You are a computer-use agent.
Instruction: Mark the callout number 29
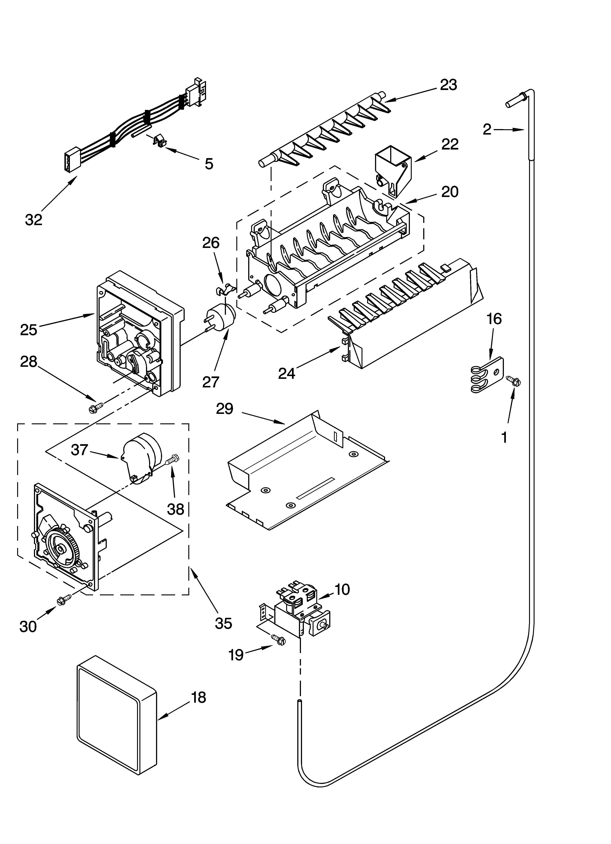tap(225, 409)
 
